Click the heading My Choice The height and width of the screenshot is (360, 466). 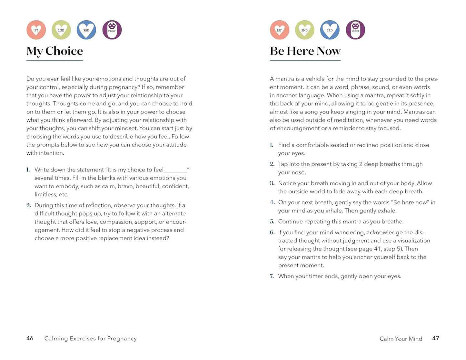55,51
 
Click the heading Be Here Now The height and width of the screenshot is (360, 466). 305,51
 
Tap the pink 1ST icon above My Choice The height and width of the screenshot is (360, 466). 36,30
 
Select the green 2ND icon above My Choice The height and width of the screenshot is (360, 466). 61,30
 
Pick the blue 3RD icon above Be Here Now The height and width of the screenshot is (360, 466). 330,30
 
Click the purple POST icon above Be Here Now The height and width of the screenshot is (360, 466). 355,30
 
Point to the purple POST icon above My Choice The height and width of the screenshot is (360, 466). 112,30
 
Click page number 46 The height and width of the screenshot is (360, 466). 30,338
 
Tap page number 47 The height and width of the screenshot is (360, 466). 435,338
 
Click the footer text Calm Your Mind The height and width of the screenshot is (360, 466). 401,339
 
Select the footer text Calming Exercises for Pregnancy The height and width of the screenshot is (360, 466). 90,338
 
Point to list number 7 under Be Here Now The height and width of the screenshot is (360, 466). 272,276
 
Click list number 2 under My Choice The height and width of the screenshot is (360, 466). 29,205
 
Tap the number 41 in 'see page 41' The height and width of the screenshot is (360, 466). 377,249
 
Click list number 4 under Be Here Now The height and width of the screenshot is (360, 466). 272,202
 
